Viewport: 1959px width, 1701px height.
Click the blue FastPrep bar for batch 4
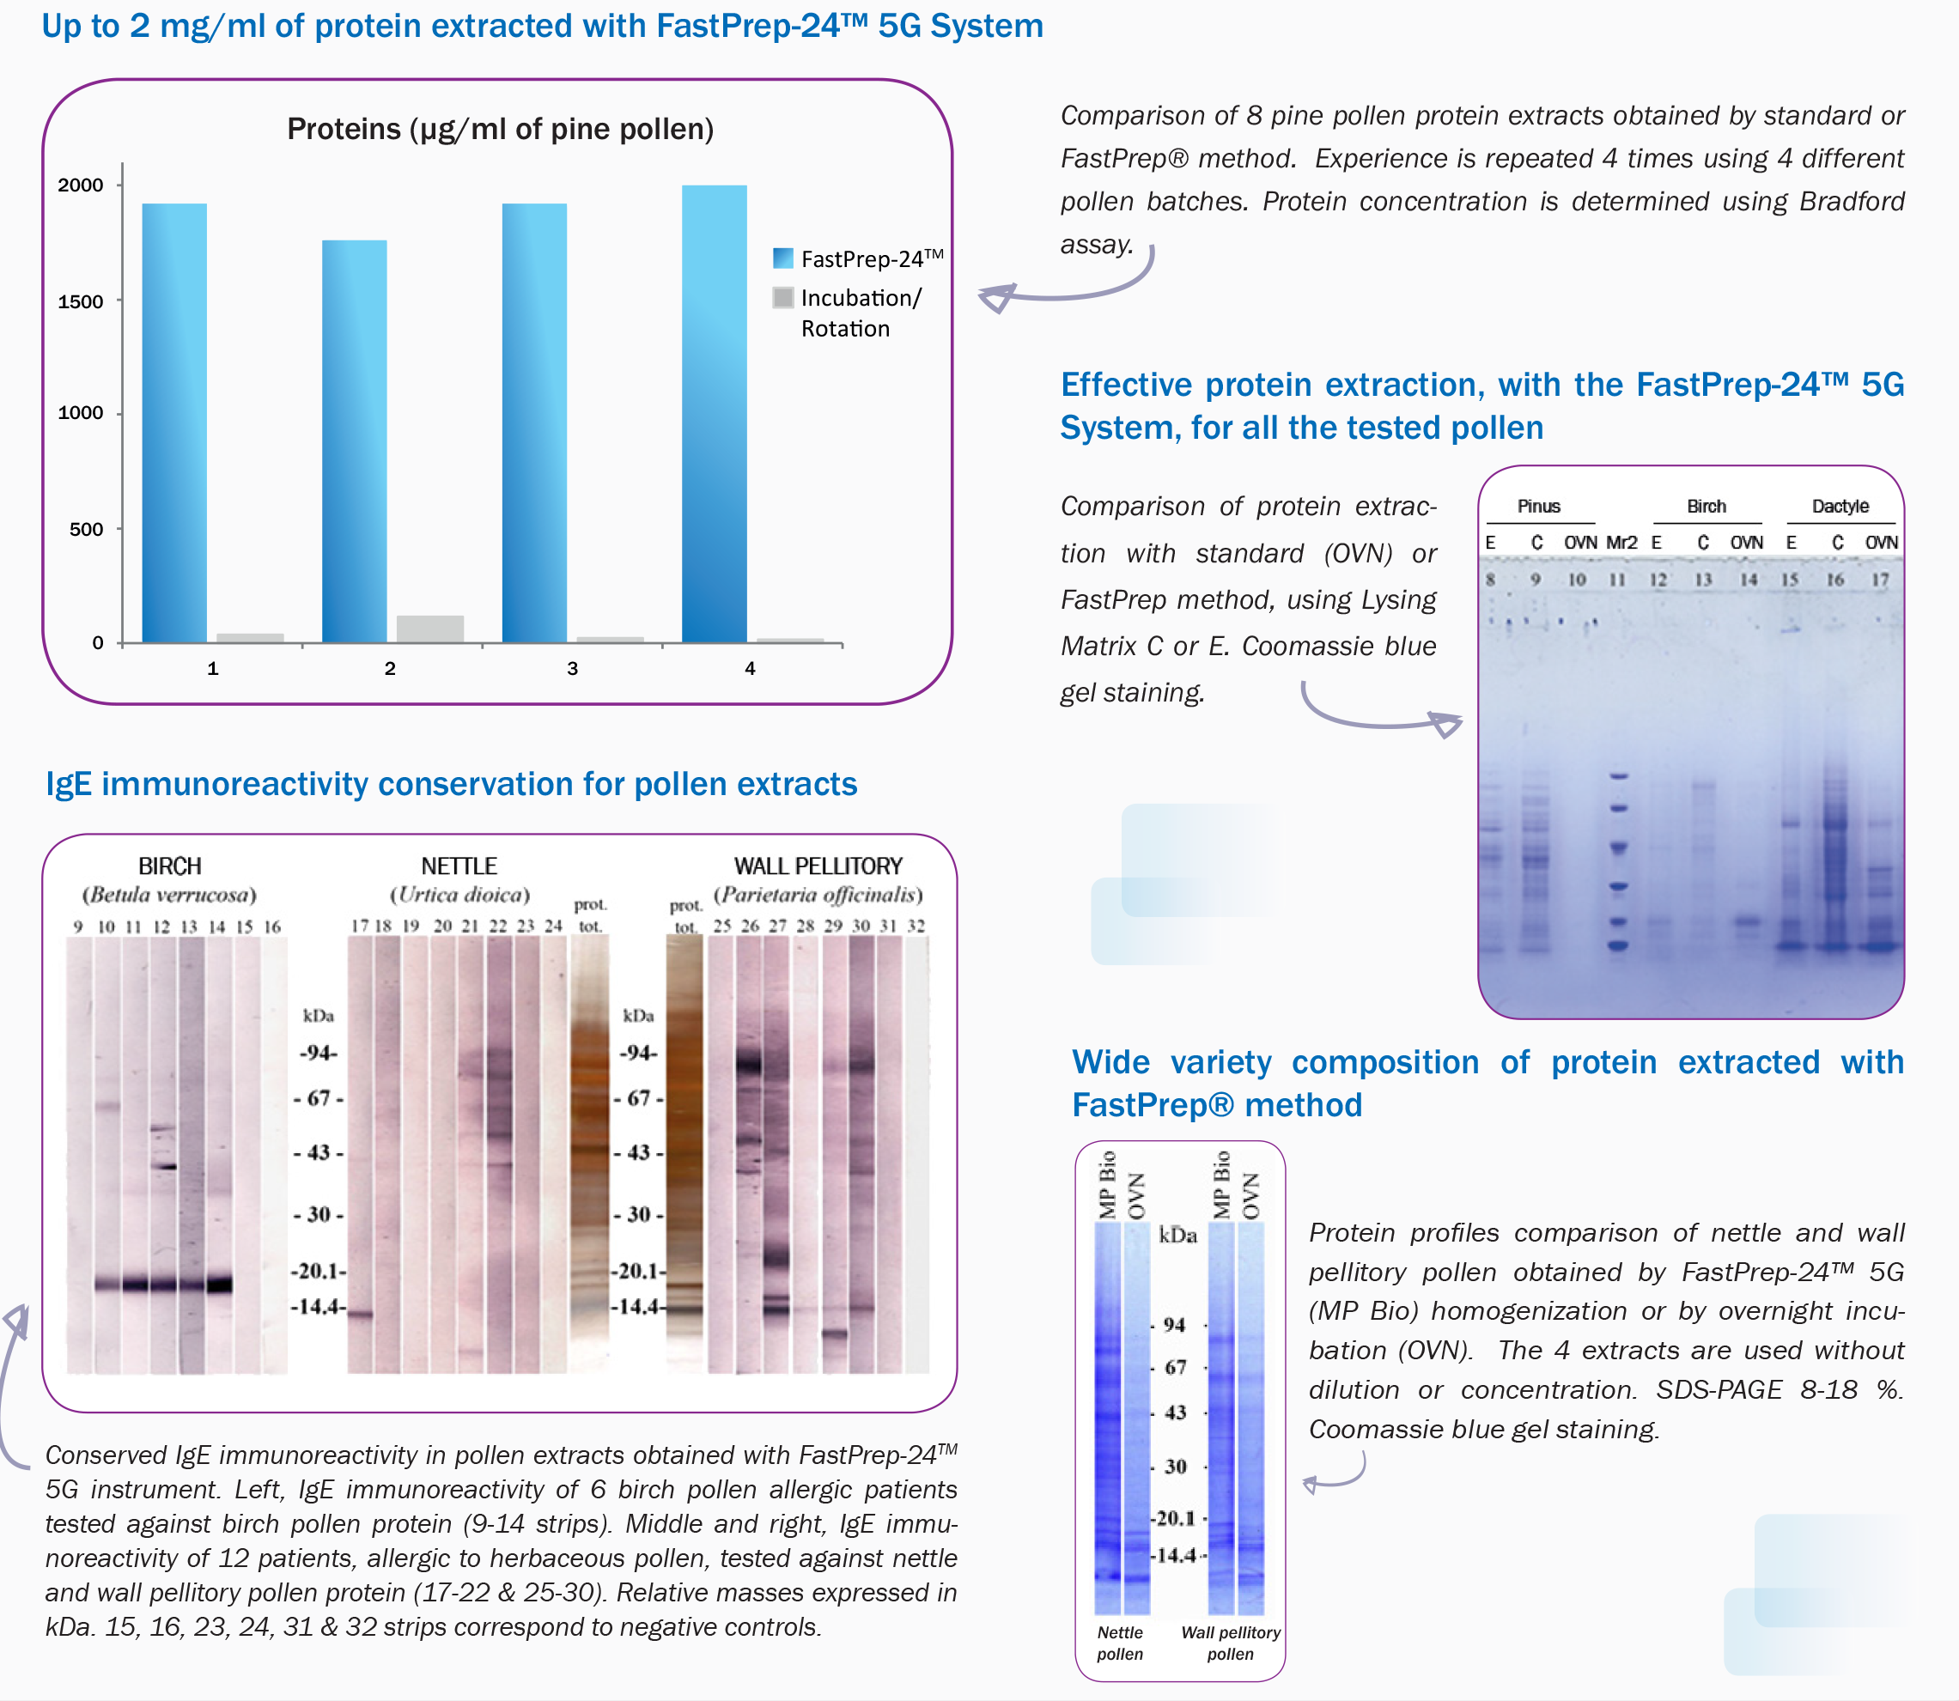click(x=714, y=413)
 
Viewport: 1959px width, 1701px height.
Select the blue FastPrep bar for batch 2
click(x=354, y=441)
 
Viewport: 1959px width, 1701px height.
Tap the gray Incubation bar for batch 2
click(x=430, y=629)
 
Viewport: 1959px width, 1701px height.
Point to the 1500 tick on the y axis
click(x=81, y=302)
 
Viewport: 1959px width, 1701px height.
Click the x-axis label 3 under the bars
click(x=573, y=668)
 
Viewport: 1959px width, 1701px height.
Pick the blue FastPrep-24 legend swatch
click(x=783, y=258)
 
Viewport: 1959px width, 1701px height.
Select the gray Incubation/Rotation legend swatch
click(x=783, y=298)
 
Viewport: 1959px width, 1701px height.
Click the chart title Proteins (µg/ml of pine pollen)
click(x=501, y=129)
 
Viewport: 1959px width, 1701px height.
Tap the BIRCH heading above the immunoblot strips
click(x=170, y=866)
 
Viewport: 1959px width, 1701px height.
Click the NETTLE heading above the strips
click(x=459, y=866)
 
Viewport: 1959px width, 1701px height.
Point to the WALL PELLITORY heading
click(x=818, y=866)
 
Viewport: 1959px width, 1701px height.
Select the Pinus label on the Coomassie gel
click(x=1538, y=506)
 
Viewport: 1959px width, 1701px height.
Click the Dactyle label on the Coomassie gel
click(x=1840, y=506)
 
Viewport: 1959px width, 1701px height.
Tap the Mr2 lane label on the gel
click(x=1621, y=542)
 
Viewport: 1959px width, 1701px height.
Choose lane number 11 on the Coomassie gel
click(x=1617, y=579)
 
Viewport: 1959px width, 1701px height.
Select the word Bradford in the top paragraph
click(x=1853, y=201)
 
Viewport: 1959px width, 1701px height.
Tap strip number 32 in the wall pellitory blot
click(x=916, y=926)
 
